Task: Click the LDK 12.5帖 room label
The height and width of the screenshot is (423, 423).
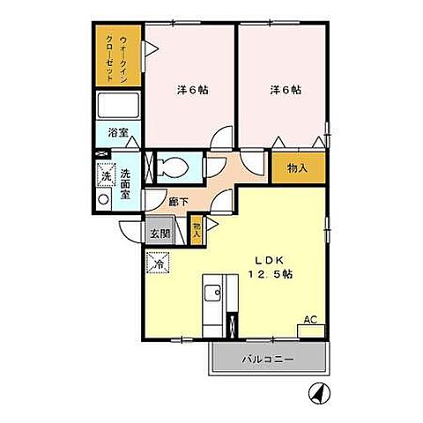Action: pyautogui.click(x=275, y=267)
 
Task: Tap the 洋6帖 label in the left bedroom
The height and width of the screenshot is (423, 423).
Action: pyautogui.click(x=190, y=89)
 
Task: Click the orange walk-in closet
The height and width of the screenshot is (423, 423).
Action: pyautogui.click(x=116, y=56)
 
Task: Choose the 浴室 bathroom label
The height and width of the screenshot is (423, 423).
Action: pyautogui.click(x=117, y=134)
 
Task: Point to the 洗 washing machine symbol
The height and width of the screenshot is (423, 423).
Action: pyautogui.click(x=105, y=176)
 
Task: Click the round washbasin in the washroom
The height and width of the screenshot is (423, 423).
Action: pyautogui.click(x=105, y=200)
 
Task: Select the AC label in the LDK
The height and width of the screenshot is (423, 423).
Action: pyautogui.click(x=310, y=321)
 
